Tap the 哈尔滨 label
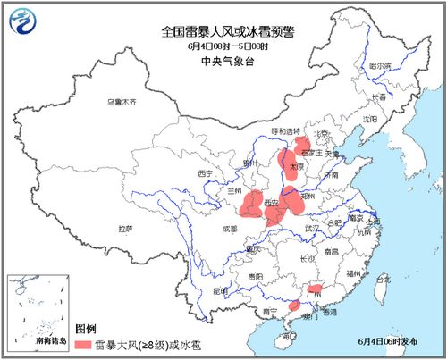[x=381, y=65]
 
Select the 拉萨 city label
[x=122, y=229]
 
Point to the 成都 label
[x=230, y=229]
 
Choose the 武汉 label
[x=311, y=229]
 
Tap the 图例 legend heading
[x=86, y=328]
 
